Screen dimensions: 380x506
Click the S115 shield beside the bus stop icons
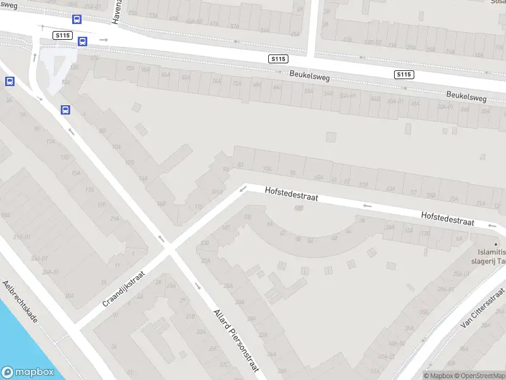(x=63, y=35)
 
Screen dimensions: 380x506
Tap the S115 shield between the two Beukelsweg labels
(x=404, y=75)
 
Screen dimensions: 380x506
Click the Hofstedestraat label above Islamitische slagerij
(x=448, y=219)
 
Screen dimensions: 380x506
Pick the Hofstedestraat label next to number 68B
(x=291, y=193)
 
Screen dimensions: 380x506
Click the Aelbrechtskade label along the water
(x=21, y=301)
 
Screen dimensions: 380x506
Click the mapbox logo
(x=28, y=372)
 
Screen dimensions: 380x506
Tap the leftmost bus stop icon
(x=9, y=81)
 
